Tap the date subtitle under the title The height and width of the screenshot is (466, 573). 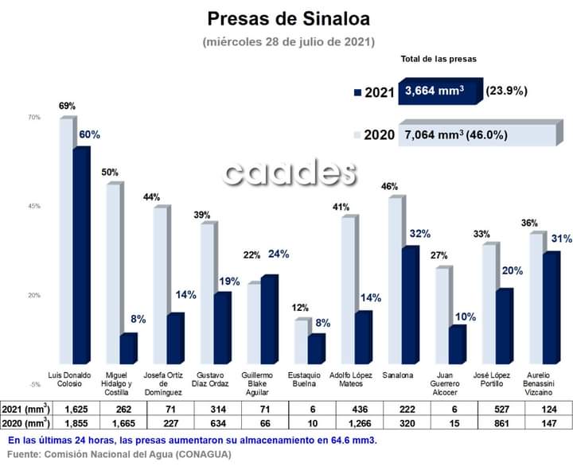[x=288, y=41]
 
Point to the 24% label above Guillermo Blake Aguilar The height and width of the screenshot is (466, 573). [x=278, y=254]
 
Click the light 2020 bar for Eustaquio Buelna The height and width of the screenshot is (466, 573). [x=301, y=342]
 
